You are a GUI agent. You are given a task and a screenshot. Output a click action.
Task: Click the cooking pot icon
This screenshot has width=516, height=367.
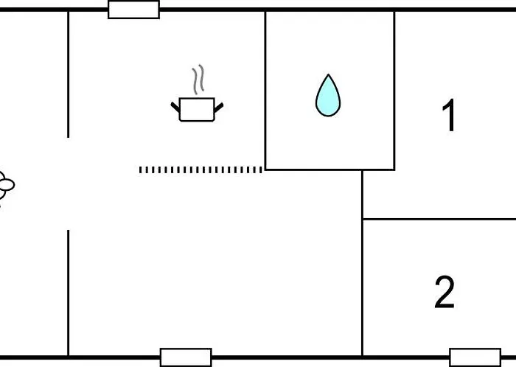[197, 110]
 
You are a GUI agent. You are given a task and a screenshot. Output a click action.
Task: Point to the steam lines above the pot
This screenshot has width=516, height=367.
[198, 80]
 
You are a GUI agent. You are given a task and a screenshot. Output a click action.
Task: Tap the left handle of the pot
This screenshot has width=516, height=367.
[175, 107]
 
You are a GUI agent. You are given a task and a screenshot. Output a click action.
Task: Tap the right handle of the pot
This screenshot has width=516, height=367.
[219, 107]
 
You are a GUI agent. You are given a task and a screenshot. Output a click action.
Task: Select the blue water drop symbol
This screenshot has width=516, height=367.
[328, 95]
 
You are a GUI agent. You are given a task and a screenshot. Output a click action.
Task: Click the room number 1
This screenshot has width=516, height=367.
[449, 115]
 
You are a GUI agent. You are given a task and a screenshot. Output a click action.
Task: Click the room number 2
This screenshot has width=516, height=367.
[444, 293]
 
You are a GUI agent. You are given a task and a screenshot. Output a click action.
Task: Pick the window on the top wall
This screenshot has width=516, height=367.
[133, 10]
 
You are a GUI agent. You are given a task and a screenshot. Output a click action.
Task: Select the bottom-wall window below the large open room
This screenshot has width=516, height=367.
[186, 357]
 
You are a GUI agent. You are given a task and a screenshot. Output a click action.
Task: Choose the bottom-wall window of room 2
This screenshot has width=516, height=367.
[475, 357]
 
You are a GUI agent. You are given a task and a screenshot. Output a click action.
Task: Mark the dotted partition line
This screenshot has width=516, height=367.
[201, 169]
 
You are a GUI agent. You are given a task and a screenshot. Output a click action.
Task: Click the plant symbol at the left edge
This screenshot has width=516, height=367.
[6, 186]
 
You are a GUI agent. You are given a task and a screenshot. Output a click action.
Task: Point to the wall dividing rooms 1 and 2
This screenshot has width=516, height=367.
[439, 219]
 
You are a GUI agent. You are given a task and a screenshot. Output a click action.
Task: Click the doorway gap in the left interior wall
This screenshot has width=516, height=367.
[68, 183]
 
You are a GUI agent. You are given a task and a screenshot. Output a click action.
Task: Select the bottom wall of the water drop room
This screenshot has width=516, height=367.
[330, 169]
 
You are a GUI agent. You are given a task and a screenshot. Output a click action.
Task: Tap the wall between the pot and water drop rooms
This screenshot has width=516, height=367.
[265, 91]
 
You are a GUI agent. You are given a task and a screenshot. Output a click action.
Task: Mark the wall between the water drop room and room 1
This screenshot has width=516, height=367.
[394, 91]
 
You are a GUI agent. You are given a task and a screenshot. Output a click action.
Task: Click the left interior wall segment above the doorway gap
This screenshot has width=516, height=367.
[68, 74]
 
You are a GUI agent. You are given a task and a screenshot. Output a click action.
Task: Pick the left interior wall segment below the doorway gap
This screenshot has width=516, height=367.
[68, 293]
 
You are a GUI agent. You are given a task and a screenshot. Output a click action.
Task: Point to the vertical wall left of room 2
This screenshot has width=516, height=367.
[363, 263]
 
